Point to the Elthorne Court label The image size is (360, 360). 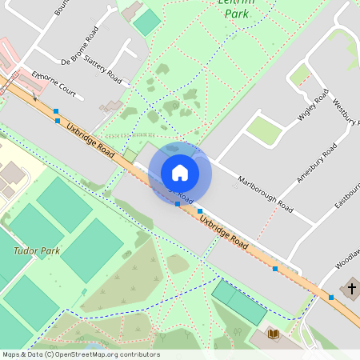click(x=54, y=86)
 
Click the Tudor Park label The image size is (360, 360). click(x=37, y=250)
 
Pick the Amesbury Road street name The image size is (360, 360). click(x=317, y=163)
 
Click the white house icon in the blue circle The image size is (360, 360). click(x=180, y=173)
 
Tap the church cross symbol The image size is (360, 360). click(x=351, y=288)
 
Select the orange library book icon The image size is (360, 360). click(x=273, y=333)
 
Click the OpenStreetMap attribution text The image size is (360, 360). click(x=80, y=354)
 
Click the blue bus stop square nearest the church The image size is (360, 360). click(x=330, y=298)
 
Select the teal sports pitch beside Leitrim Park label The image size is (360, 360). click(x=146, y=22)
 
